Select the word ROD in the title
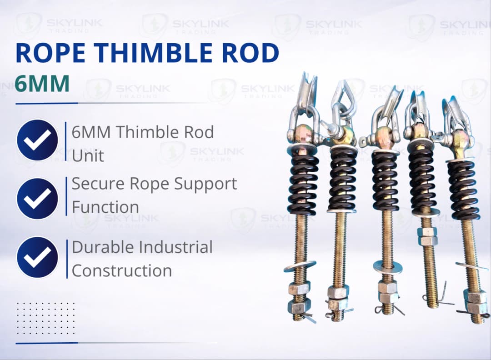[248, 53]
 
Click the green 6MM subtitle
[42, 84]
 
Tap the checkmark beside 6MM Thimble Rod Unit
[37, 140]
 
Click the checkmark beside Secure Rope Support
[37, 199]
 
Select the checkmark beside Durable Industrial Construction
[37, 257]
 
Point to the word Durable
[103, 247]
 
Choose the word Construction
[122, 271]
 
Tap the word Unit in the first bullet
[88, 155]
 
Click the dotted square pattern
[45, 318]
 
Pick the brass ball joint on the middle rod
[383, 135]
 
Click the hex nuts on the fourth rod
[428, 236]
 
